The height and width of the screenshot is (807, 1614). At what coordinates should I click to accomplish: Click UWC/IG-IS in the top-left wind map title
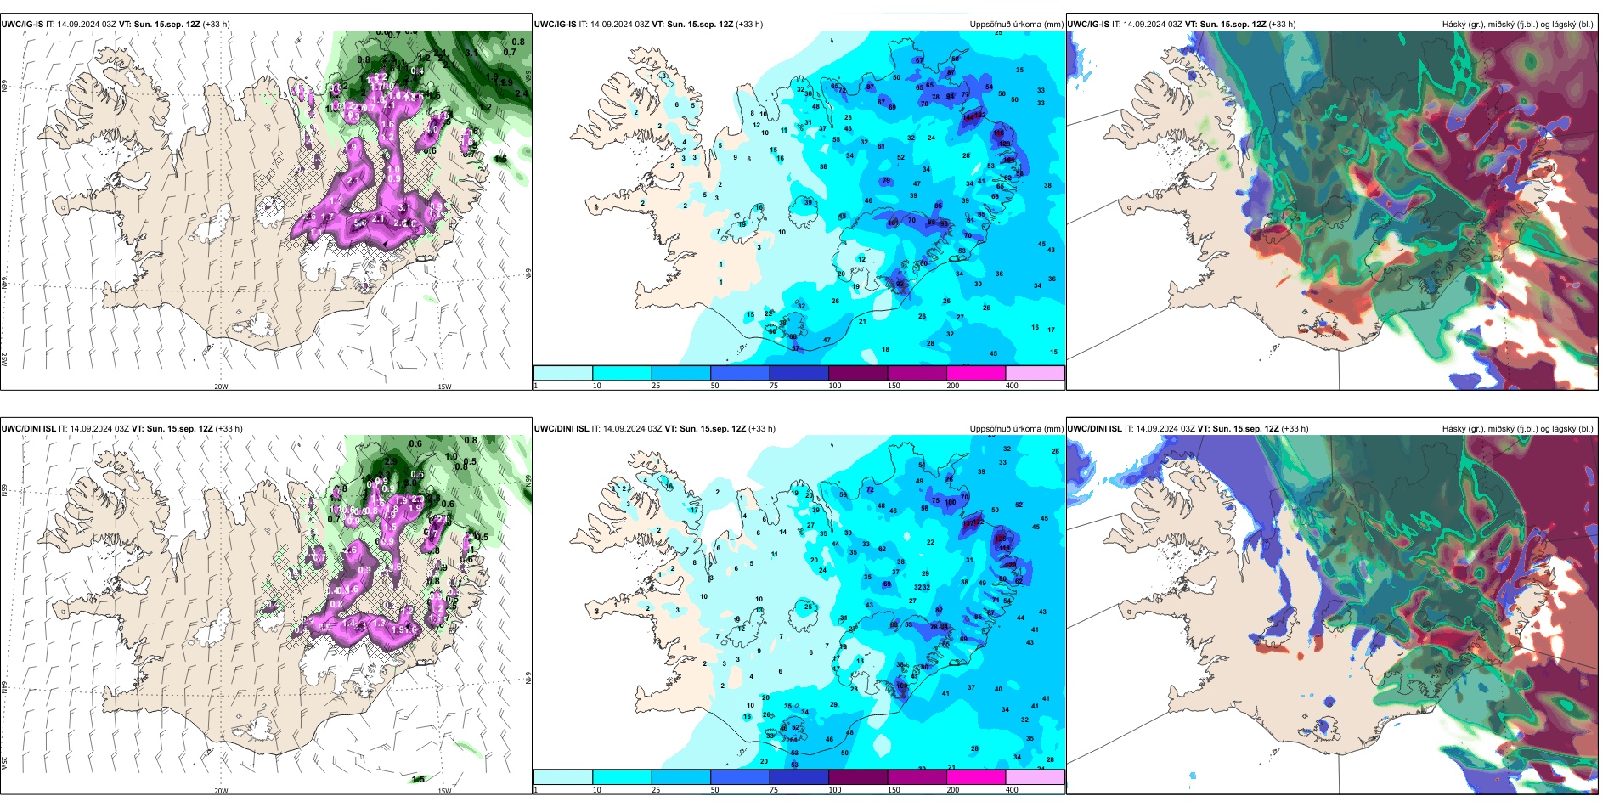pos(22,25)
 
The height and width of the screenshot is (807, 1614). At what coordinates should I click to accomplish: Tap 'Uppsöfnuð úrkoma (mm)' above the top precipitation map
pos(1016,25)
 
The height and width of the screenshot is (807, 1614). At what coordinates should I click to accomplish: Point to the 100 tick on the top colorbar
pos(835,386)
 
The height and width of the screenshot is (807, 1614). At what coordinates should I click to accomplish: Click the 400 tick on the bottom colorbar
pos(1012,790)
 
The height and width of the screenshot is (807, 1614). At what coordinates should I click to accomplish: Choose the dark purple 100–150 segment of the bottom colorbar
pos(857,777)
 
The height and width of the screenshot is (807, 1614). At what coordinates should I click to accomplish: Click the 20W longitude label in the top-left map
pos(221,387)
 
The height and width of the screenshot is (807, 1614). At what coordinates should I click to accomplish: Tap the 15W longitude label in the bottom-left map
pos(444,791)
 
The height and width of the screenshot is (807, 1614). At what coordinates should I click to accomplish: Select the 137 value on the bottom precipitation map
pos(969,522)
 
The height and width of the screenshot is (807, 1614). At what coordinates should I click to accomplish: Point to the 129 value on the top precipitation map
pos(1005,144)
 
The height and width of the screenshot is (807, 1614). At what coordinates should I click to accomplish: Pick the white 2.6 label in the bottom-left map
pos(352,550)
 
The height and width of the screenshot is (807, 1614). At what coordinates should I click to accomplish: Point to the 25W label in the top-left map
pos(4,358)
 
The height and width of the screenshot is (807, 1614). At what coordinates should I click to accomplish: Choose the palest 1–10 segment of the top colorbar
pos(562,373)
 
